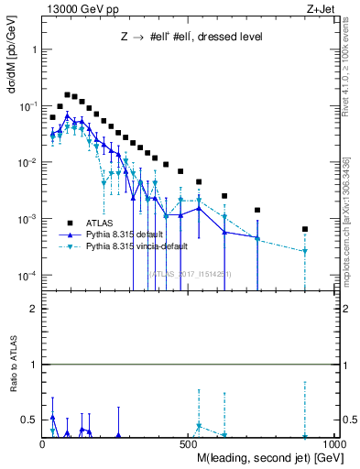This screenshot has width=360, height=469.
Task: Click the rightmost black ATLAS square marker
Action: (x=305, y=229)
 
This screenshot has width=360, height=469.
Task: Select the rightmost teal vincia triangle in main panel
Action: (x=305, y=251)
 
